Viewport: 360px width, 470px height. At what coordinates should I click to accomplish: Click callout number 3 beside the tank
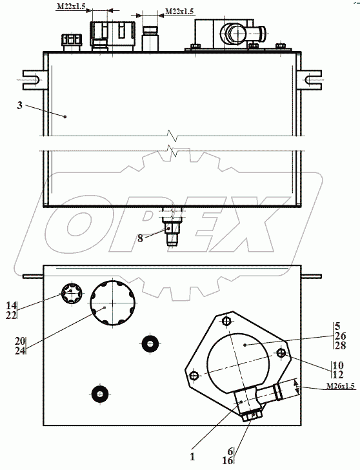pos(20,105)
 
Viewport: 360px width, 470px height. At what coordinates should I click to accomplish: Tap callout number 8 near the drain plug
pos(140,239)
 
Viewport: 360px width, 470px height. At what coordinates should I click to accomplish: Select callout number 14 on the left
pos(12,306)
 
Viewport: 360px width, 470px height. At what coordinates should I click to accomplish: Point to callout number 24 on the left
pos(21,351)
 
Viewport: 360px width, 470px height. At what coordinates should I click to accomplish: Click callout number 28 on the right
pos(341,345)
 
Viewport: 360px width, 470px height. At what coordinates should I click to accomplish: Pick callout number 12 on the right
pos(338,374)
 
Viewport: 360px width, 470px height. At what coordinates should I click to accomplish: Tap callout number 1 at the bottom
pos(192,456)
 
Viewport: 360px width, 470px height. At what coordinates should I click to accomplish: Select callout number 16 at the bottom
pos(227,460)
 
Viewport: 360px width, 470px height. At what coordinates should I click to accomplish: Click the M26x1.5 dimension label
pos(341,385)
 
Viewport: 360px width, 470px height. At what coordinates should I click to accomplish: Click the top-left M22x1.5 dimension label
pos(71,6)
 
